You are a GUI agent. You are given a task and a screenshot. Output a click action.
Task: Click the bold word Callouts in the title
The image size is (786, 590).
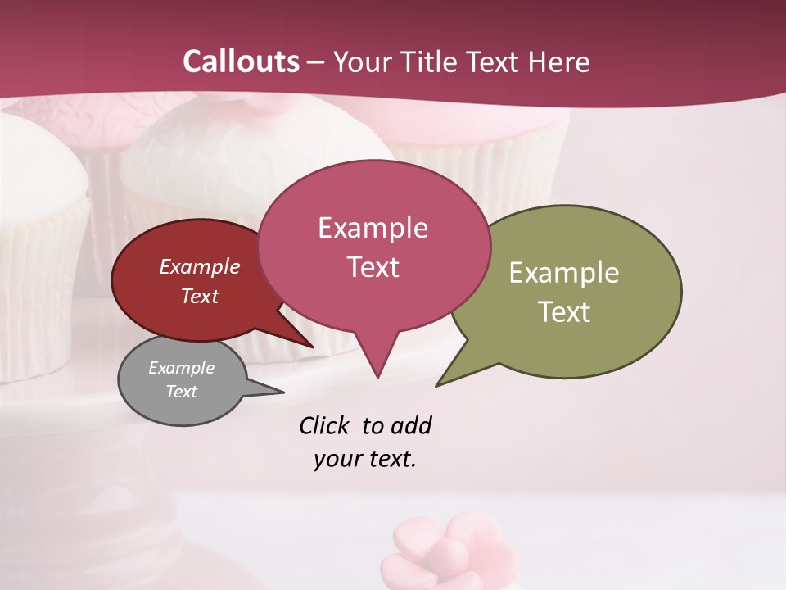click(241, 61)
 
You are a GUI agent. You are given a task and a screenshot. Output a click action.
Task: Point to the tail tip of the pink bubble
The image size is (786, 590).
click(377, 377)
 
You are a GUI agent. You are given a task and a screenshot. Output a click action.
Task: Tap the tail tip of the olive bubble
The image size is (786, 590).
click(437, 385)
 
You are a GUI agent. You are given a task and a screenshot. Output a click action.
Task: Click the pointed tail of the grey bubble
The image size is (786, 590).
click(282, 393)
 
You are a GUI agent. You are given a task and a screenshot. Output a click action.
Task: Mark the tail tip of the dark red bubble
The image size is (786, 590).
click(313, 347)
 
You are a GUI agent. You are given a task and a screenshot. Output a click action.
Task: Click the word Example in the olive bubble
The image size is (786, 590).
click(563, 273)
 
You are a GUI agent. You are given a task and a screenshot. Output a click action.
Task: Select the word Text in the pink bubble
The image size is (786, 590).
click(373, 267)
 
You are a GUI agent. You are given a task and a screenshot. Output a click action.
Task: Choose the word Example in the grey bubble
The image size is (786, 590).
click(181, 368)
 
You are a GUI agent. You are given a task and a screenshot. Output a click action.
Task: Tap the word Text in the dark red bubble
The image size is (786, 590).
click(199, 296)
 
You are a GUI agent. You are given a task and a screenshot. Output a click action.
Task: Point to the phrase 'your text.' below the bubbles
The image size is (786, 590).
click(365, 459)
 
